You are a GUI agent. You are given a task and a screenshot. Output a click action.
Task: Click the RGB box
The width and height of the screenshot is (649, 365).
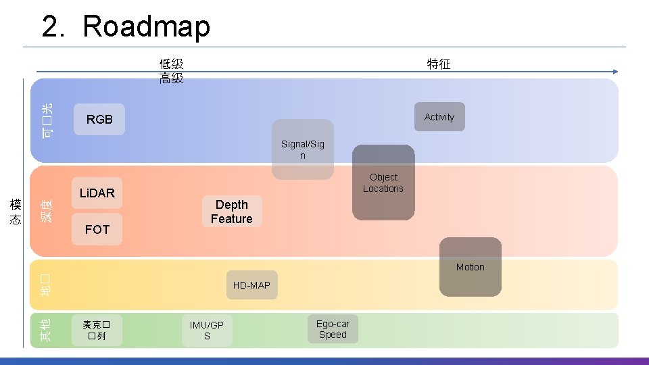[x=99, y=120]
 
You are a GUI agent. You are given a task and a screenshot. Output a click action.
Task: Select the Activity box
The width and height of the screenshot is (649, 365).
[x=439, y=117]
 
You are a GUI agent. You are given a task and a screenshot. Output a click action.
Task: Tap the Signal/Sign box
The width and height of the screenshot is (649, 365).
[x=303, y=149]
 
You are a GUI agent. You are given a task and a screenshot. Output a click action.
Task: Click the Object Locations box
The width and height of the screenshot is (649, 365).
[x=383, y=182]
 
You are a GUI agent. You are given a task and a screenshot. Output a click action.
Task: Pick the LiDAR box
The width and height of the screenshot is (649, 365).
[x=97, y=193]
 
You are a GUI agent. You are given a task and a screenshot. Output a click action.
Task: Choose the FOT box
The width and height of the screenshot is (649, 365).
[x=97, y=230]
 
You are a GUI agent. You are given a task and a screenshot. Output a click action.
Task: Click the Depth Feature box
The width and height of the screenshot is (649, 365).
[x=231, y=212]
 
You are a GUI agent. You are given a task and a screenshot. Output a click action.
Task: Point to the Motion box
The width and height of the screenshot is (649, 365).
[x=471, y=267]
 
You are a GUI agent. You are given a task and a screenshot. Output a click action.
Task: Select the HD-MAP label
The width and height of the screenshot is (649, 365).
[x=251, y=285]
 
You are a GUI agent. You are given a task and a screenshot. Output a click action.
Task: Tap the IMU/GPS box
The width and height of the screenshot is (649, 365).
[x=207, y=331]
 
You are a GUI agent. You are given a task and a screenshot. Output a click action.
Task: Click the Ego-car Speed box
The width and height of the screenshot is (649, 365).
[x=333, y=329]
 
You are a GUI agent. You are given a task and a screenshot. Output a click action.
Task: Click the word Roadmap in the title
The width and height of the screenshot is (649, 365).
[x=146, y=27]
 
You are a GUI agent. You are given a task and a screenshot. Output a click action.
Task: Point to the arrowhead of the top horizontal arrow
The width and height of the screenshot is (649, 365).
[x=615, y=72]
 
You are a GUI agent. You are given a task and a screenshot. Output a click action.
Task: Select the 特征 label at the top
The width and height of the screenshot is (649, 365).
[x=438, y=64]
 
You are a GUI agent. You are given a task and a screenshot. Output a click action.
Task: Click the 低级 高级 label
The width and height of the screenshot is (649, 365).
[x=171, y=71]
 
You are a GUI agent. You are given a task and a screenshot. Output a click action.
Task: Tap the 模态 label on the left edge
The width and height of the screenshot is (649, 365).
[x=15, y=212]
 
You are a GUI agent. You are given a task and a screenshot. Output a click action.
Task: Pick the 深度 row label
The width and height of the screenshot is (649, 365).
[x=46, y=212]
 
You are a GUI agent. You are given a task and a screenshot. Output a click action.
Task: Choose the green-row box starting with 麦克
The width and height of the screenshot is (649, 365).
[x=97, y=330]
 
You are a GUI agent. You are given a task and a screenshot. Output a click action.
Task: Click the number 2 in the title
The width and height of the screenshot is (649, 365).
[x=51, y=27]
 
